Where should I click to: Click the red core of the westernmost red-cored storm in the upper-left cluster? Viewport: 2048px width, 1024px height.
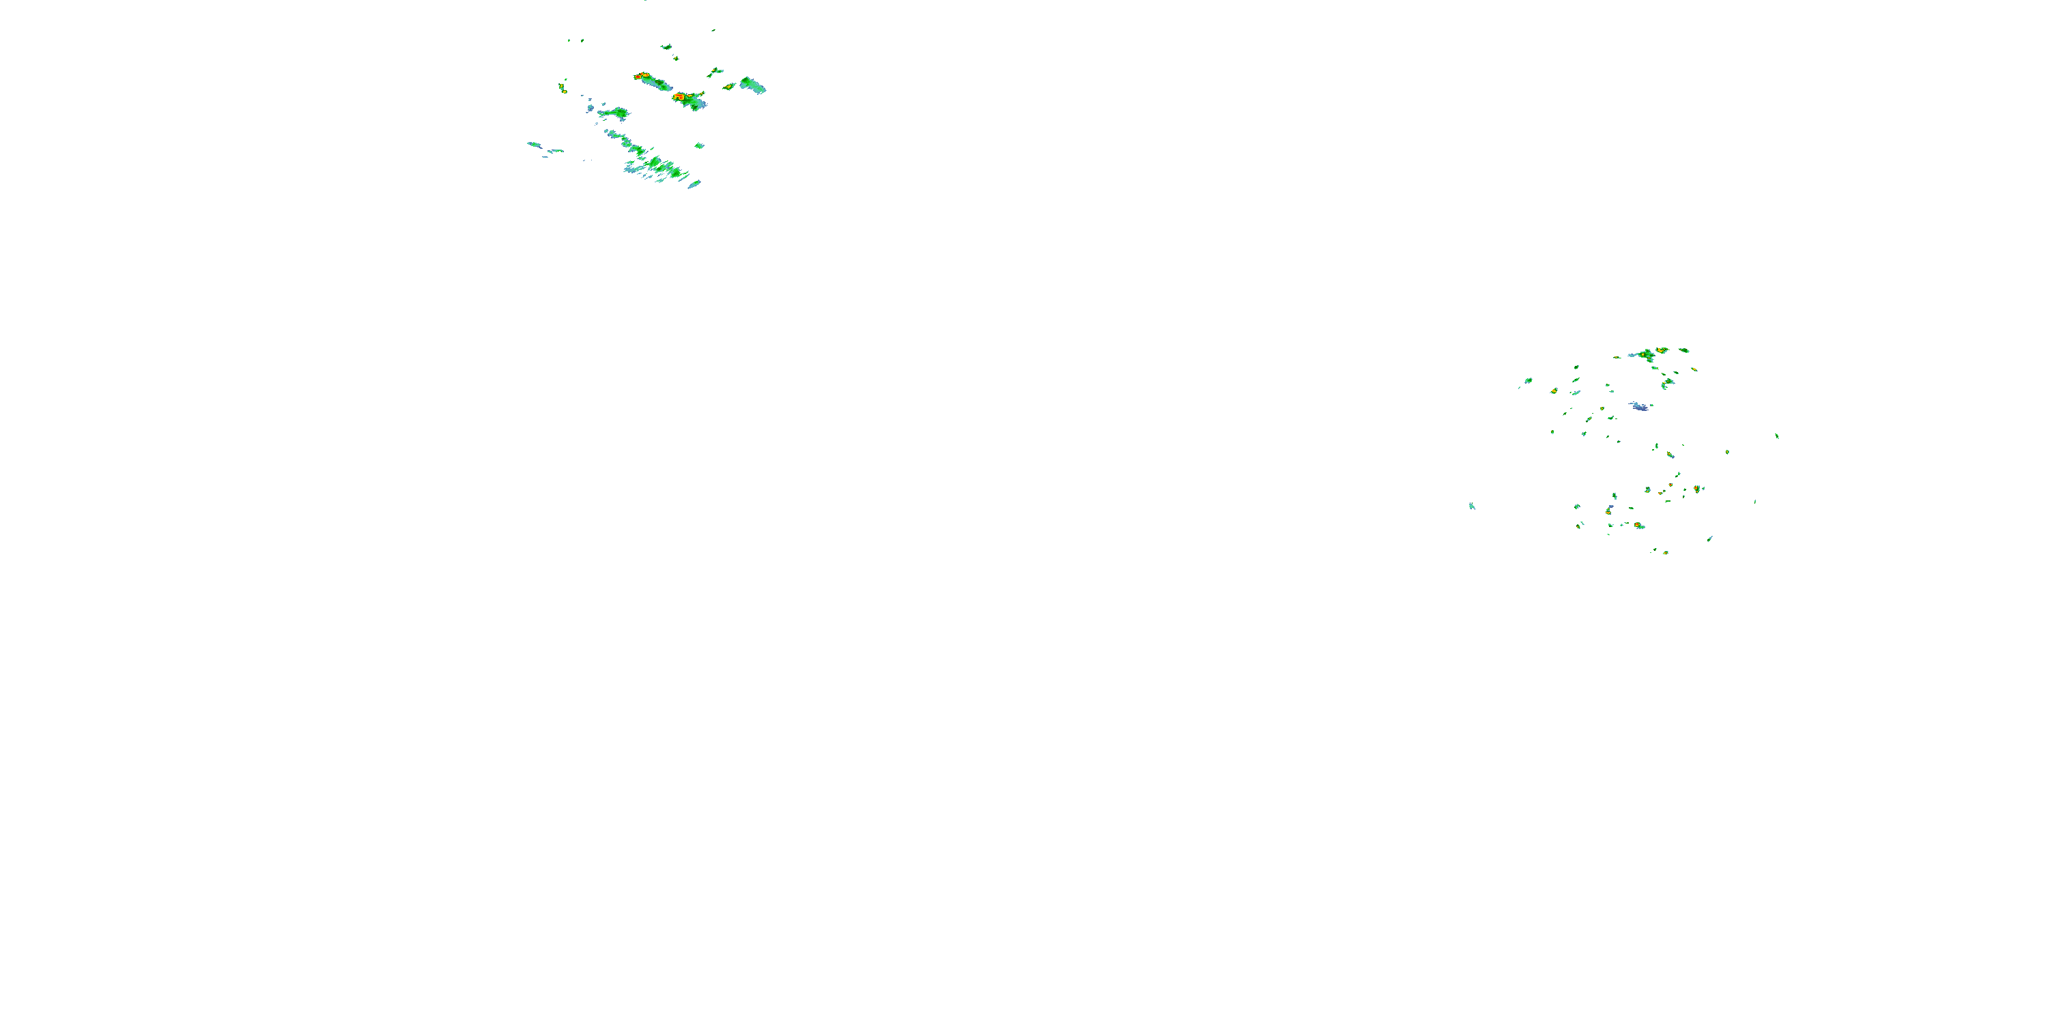point(641,76)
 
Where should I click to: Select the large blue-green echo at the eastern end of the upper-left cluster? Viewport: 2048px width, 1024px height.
point(752,84)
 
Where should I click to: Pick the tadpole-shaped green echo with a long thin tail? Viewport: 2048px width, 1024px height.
point(615,114)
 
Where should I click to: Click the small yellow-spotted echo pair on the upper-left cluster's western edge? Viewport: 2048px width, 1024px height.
point(563,87)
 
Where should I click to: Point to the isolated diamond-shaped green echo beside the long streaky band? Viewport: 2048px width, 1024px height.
point(699,145)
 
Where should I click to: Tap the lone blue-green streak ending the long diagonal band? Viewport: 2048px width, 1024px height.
point(694,184)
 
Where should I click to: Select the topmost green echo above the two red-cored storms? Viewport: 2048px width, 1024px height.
point(666,47)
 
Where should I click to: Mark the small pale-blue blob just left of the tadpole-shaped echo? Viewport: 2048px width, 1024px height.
point(591,107)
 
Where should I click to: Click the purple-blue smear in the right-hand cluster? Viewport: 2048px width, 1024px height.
point(1638,406)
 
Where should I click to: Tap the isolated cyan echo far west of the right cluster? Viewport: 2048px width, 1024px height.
point(1472,506)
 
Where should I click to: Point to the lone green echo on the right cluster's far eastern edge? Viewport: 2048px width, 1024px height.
point(1777,436)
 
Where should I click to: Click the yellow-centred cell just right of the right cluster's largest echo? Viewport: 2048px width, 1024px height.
point(1662,350)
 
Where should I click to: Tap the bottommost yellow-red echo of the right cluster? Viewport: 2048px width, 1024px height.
point(1665,552)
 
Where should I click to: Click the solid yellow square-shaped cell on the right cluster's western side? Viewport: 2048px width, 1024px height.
point(1554,391)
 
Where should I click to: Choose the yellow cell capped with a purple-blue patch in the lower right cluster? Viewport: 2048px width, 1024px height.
point(1609,511)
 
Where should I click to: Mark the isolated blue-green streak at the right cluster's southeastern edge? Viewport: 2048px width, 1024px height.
point(1710,538)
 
